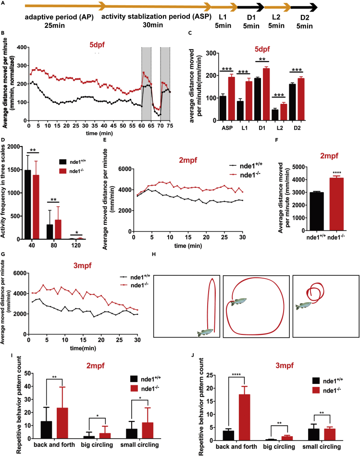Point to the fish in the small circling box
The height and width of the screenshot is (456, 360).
(308, 306)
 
